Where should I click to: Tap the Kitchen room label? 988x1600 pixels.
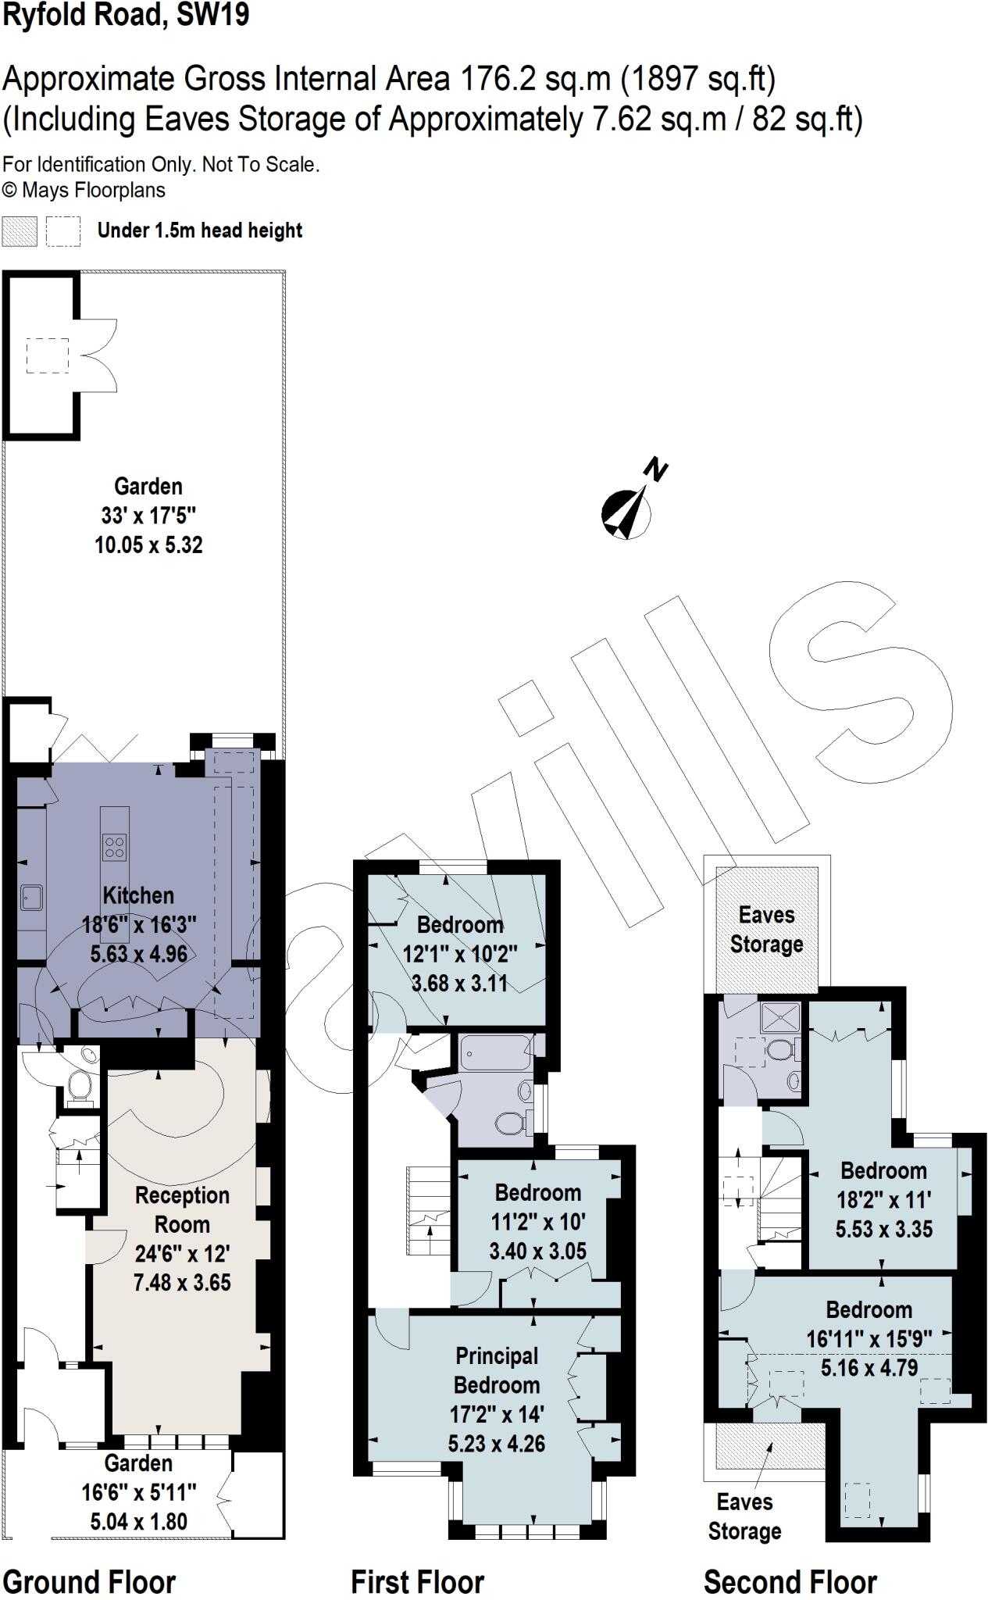click(x=138, y=895)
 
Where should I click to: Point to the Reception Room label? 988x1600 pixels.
click(x=182, y=1209)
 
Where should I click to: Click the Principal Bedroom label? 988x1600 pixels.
click(x=497, y=1370)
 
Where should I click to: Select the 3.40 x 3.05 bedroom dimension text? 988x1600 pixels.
click(x=537, y=1251)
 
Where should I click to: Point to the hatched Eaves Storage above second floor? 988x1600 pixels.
click(x=767, y=930)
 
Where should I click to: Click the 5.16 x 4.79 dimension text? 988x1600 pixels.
click(x=869, y=1368)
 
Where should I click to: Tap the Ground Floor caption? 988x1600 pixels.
click(x=89, y=1581)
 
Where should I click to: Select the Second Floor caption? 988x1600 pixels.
click(x=790, y=1581)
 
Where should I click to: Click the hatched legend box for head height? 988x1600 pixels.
click(x=20, y=231)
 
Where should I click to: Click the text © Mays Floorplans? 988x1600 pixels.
click(x=84, y=190)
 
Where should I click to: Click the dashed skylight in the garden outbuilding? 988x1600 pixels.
click(x=48, y=355)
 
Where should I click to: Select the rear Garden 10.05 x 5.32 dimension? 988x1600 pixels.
click(x=148, y=545)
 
